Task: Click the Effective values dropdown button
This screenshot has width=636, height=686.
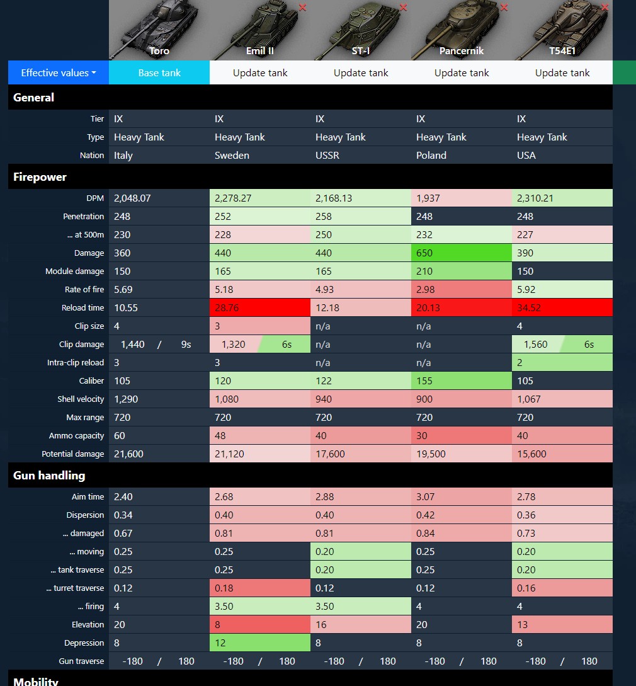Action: pyautogui.click(x=59, y=72)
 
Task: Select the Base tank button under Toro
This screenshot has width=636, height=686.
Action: pyautogui.click(x=159, y=72)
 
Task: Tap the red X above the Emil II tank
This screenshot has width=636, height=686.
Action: pyautogui.click(x=302, y=8)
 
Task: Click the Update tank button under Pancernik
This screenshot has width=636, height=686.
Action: pyautogui.click(x=462, y=72)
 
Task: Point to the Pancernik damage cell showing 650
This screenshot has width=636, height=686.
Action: pyautogui.click(x=424, y=253)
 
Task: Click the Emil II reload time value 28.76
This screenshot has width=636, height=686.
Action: pyautogui.click(x=227, y=307)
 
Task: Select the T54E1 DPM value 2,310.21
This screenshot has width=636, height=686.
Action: pyautogui.click(x=535, y=198)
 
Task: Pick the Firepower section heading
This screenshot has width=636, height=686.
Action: pyautogui.click(x=40, y=177)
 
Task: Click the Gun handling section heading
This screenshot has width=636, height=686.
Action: pyautogui.click(x=49, y=476)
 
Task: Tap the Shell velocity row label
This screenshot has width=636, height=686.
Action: pyautogui.click(x=81, y=399)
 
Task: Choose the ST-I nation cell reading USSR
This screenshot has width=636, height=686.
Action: pyautogui.click(x=327, y=156)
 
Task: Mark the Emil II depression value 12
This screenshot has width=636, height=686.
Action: pyautogui.click(x=220, y=643)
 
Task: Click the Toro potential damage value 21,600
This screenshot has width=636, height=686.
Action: pyautogui.click(x=128, y=454)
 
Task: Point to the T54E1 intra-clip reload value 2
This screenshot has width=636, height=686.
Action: pyautogui.click(x=520, y=363)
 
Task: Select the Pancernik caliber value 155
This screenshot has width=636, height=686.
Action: pyautogui.click(x=424, y=380)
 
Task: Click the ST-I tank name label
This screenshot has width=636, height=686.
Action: pyautogui.click(x=361, y=51)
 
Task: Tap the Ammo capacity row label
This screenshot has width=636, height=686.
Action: pyautogui.click(x=77, y=436)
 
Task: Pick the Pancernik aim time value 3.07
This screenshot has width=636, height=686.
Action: pyautogui.click(x=425, y=496)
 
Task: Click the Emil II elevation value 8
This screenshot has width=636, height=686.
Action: pyautogui.click(x=217, y=624)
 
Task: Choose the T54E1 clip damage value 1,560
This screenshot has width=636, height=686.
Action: pyautogui.click(x=535, y=345)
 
